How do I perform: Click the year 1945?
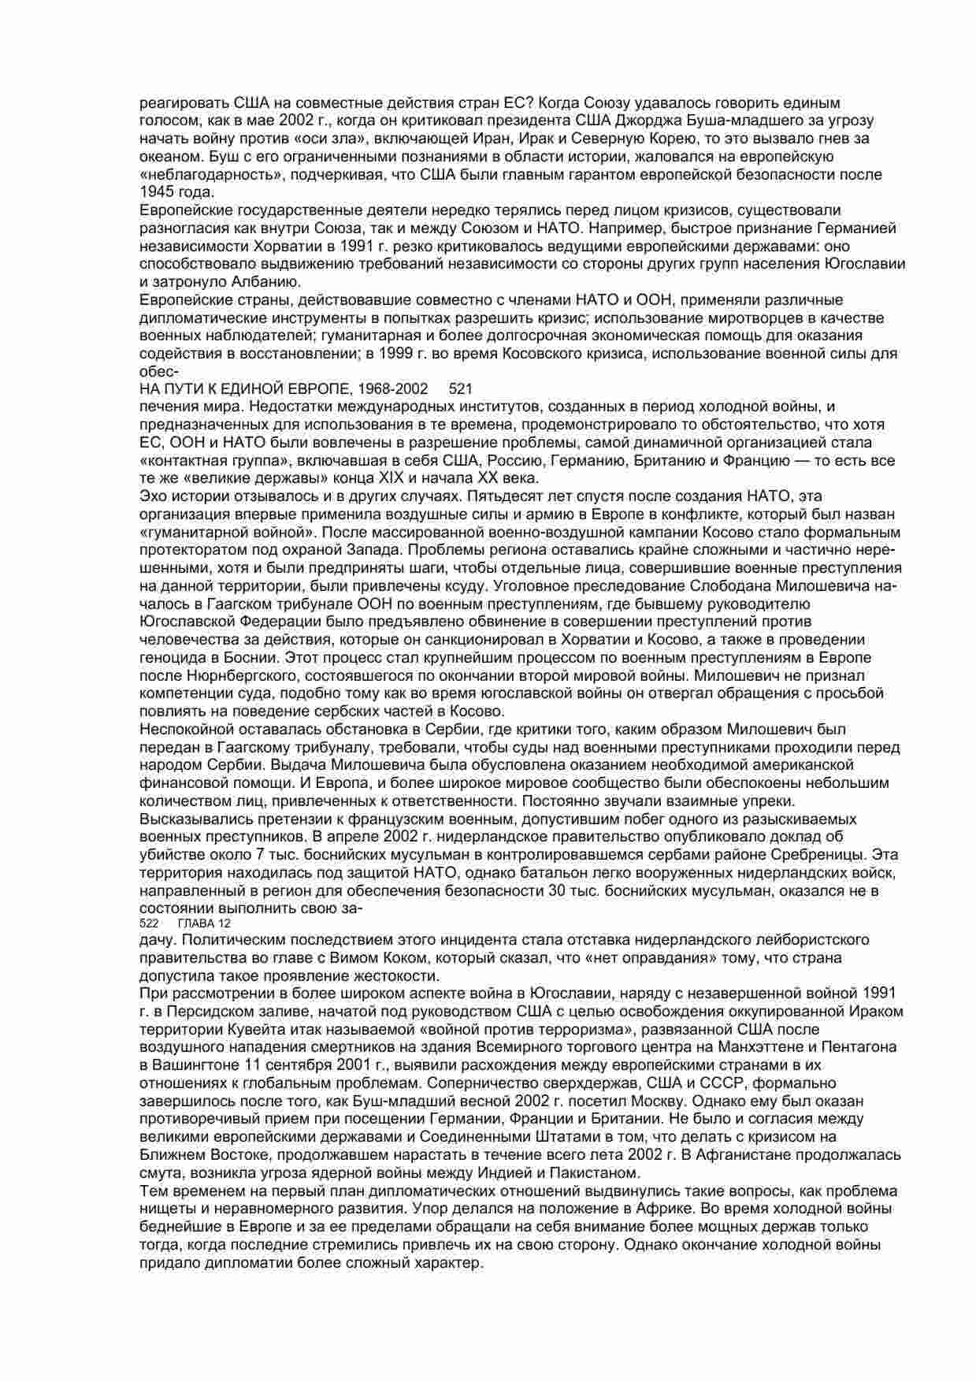point(155,192)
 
